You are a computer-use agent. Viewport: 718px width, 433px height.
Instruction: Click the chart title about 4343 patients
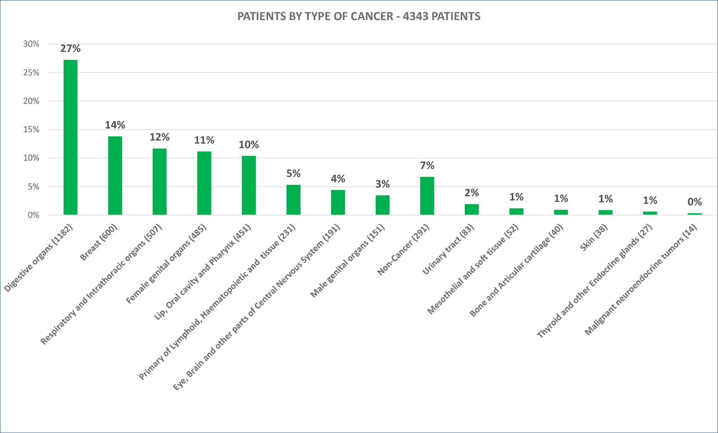tap(359, 16)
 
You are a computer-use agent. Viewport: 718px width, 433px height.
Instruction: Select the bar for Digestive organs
tap(71, 137)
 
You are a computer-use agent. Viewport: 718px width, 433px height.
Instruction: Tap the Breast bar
tap(115, 175)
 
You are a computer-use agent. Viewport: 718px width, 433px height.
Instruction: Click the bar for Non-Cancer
tap(427, 196)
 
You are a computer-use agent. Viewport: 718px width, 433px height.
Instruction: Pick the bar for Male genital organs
tap(382, 205)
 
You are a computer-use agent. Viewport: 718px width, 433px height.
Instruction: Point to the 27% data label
tap(71, 48)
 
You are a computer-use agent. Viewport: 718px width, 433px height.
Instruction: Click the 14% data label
tap(115, 125)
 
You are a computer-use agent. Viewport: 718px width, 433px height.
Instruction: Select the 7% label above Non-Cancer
tap(427, 165)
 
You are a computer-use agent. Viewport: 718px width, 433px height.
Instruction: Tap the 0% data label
tap(694, 201)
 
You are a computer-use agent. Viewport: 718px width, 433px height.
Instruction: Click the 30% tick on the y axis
tap(31, 44)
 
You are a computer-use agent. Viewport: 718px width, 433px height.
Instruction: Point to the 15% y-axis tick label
tap(31, 129)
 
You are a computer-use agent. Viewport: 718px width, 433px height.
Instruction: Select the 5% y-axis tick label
tap(33, 187)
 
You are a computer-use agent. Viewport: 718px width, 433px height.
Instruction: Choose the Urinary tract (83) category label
tap(448, 249)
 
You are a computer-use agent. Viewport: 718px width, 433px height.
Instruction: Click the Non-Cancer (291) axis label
tap(403, 250)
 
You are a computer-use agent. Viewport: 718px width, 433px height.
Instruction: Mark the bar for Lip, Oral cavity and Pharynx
tap(248, 185)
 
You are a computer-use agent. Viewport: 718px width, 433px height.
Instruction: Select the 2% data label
tap(471, 193)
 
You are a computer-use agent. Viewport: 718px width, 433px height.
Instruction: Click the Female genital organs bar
tap(204, 183)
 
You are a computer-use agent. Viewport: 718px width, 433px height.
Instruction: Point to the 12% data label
tap(159, 137)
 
